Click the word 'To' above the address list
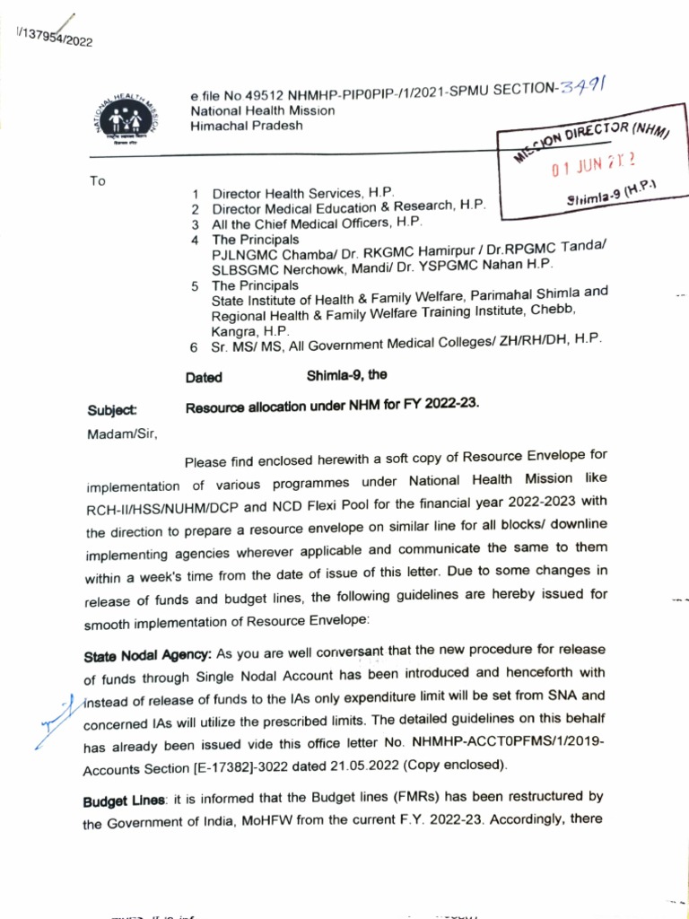98,181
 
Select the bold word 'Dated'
204,378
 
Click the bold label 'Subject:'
113,410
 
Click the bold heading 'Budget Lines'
125,801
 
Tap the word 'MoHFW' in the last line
255,824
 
